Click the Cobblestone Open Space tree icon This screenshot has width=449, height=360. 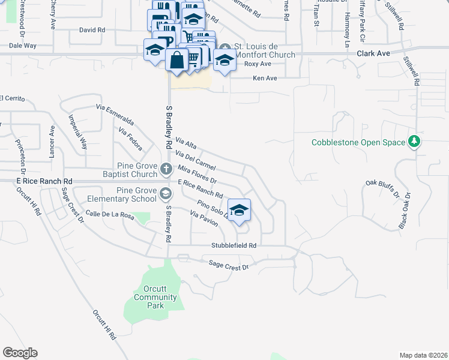coord(414,142)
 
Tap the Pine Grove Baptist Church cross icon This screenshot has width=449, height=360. coord(166,170)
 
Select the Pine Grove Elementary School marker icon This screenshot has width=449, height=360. coord(166,193)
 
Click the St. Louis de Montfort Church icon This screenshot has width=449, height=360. coord(224,48)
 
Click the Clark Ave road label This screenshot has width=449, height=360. coord(373,53)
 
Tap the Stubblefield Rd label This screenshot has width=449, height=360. coord(234,245)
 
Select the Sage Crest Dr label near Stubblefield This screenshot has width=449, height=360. coord(228,263)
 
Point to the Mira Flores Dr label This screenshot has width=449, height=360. coord(196,174)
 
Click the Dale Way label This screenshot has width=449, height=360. coord(23,46)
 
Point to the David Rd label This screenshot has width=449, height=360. coord(92,29)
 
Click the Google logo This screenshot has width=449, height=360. coord(20,353)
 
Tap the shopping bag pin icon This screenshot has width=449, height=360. coord(177,60)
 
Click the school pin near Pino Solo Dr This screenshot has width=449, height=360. coord(239,209)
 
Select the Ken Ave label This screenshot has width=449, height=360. coord(265,78)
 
